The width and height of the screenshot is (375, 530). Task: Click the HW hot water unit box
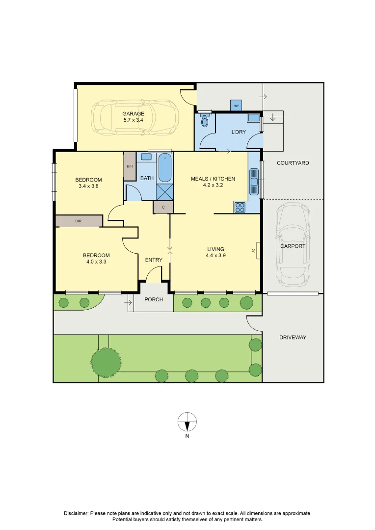[x=236, y=106]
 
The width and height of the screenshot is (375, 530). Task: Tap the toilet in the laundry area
[x=205, y=120]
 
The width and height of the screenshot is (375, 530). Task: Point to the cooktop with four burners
[x=240, y=207]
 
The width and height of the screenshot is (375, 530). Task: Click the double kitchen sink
[x=254, y=182]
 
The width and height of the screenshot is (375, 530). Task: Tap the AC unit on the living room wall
[x=258, y=250]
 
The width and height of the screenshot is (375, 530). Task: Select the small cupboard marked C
[x=163, y=207]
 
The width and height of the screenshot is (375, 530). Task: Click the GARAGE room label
[x=133, y=114]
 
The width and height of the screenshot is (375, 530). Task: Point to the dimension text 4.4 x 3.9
[x=216, y=256]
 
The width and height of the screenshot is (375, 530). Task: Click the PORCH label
[x=154, y=299]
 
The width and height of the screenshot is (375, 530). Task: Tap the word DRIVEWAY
[x=293, y=337]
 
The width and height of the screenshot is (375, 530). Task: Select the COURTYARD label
[x=293, y=163]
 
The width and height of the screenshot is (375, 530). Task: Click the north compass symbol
[x=187, y=422]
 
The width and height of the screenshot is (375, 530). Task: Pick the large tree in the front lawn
[x=106, y=361]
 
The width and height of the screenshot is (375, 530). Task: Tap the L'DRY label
[x=239, y=132]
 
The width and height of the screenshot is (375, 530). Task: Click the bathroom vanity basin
[x=146, y=157]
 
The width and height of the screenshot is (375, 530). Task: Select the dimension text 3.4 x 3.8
[x=88, y=186]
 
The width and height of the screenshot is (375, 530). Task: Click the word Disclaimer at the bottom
[x=76, y=513]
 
